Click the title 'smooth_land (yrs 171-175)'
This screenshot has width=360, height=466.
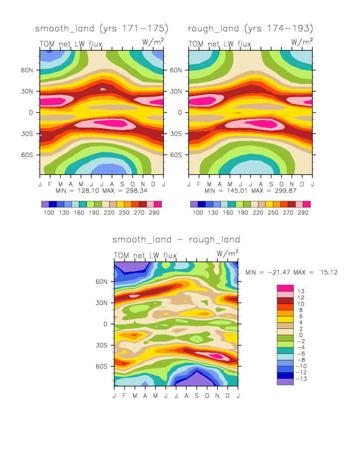pos(102,28)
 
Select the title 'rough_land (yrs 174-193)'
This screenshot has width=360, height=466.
pos(250,28)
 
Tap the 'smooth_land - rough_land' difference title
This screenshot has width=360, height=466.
pos(176,240)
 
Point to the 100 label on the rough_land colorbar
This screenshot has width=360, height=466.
pos(198,213)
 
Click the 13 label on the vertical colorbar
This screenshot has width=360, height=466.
pos(301,291)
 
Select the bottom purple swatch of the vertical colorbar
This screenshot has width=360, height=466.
pos(284,382)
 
